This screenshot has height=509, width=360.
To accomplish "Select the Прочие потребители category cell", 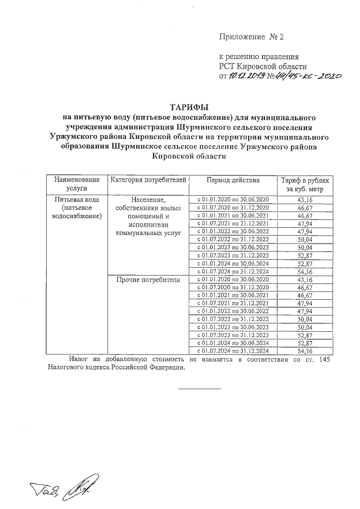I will point(148,279).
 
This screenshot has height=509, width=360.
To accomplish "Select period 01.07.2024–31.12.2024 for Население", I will point(233,271).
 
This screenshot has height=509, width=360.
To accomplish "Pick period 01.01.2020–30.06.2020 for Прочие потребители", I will point(233,279).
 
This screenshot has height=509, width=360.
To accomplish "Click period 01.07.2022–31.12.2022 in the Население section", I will point(233,239).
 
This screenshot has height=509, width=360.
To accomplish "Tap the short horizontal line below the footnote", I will point(200,388).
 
